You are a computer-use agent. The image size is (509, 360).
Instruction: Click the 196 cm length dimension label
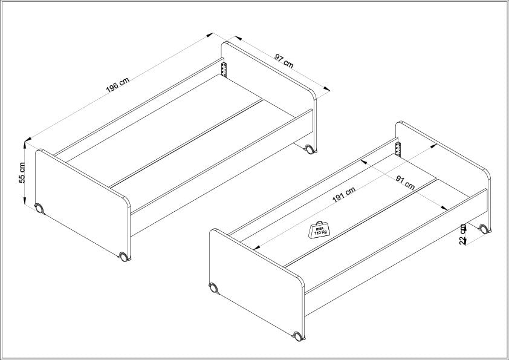(117, 85)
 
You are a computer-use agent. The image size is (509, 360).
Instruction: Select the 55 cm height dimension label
(22, 172)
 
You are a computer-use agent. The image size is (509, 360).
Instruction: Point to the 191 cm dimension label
(344, 194)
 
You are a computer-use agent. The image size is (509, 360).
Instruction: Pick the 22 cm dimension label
(463, 235)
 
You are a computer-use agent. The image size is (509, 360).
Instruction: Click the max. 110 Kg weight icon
(319, 230)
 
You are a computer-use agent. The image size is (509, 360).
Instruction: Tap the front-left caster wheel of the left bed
(39, 208)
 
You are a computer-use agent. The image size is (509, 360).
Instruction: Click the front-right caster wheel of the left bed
(124, 257)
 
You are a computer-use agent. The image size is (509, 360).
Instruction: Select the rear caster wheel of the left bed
(310, 149)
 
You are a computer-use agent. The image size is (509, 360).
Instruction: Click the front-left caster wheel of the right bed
(213, 288)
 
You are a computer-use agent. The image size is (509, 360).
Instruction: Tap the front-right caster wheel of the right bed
(298, 336)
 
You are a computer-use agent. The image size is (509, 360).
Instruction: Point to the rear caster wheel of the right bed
(484, 229)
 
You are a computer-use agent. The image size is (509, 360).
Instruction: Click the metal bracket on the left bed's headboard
(224, 70)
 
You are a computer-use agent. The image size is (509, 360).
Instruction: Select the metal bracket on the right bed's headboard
(398, 149)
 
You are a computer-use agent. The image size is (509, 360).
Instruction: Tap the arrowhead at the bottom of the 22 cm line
(464, 241)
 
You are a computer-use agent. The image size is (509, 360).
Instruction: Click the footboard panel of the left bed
(83, 202)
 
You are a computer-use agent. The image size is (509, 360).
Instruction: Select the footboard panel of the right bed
(257, 282)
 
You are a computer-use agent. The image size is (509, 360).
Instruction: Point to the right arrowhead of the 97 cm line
(326, 88)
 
